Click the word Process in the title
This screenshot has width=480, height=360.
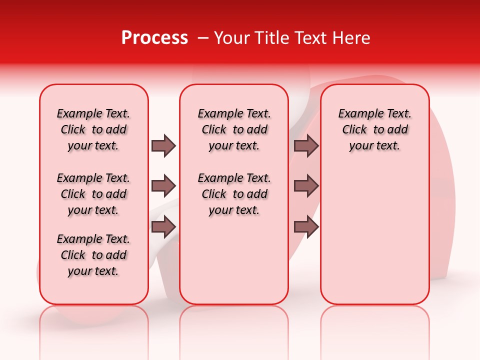pyautogui.click(x=154, y=38)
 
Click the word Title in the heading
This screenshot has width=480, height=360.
pyautogui.click(x=272, y=38)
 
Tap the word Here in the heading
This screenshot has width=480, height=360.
pyautogui.click(x=352, y=38)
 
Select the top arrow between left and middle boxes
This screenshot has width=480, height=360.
pyautogui.click(x=163, y=145)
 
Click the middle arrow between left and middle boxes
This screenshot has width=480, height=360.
pyautogui.click(x=163, y=186)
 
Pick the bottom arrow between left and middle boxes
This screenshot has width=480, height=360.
pyautogui.click(x=163, y=226)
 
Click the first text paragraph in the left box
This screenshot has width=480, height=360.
pyautogui.click(x=93, y=129)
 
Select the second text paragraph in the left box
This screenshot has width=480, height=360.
pyautogui.click(x=93, y=194)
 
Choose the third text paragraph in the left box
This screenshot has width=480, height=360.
pyautogui.click(x=93, y=255)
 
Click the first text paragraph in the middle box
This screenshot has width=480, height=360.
pyautogui.click(x=234, y=129)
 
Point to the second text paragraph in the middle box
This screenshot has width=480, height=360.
pyautogui.click(x=234, y=194)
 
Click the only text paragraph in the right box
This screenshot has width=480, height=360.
pyautogui.click(x=375, y=129)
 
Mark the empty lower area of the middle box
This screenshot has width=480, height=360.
pyautogui.click(x=234, y=260)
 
